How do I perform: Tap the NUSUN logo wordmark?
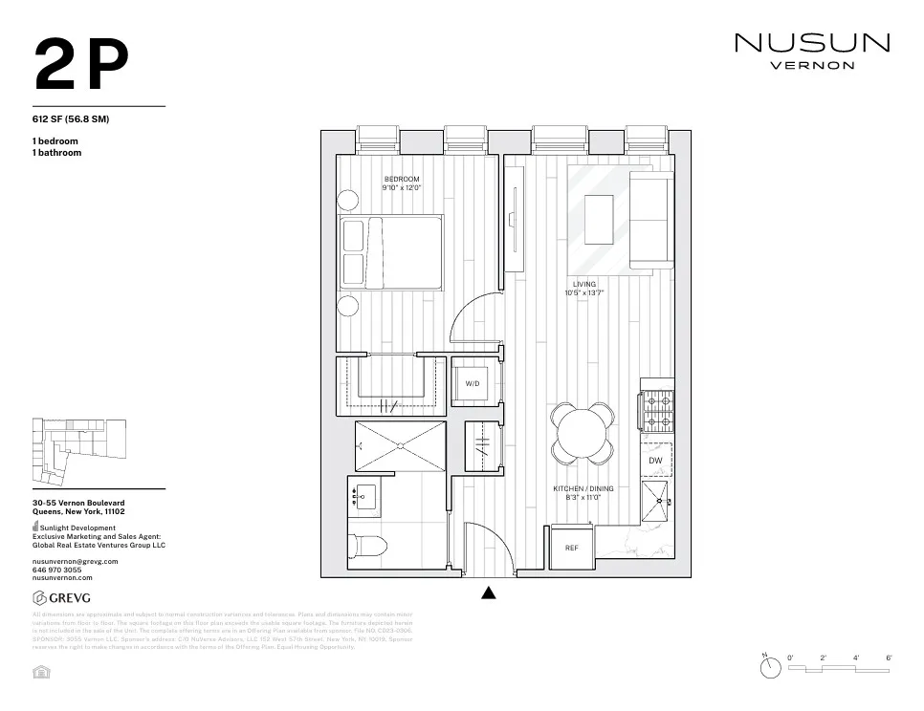tap(811, 43)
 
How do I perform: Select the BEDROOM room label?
tap(402, 180)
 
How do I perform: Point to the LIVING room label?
tap(583, 285)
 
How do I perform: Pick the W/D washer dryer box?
tap(473, 382)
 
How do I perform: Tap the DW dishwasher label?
tap(655, 461)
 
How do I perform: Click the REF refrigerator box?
tap(572, 549)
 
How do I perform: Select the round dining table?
tap(583, 432)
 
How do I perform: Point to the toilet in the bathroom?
tap(368, 548)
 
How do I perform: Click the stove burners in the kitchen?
tap(657, 411)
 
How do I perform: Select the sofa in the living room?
tap(650, 222)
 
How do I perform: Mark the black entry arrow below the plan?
tap(489, 592)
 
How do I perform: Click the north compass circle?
tap(771, 669)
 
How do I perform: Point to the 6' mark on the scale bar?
tap(889, 658)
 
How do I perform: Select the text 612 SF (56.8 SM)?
tap(70, 120)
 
